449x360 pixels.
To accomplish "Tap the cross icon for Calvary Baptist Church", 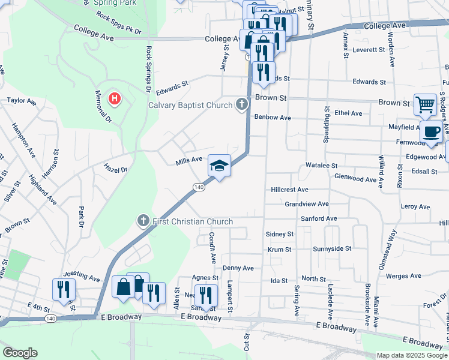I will pos(241,105).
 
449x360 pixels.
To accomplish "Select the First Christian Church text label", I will pos(191,221).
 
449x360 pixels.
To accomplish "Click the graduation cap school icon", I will pos(219,165).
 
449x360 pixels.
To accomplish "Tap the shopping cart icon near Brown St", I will pos(425,104).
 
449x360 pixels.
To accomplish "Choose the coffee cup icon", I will pos(430,131).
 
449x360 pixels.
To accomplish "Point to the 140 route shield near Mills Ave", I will pos(199,188).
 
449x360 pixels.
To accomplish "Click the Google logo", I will pos(20,353).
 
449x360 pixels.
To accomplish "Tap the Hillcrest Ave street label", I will pos(289,190).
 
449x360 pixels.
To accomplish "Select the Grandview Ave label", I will pos(306,204).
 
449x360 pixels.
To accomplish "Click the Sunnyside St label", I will pos(331,248).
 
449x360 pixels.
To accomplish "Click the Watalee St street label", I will pos(322,165).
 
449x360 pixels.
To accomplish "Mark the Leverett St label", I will pos(369,50).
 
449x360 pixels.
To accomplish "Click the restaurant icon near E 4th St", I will pos(62,289).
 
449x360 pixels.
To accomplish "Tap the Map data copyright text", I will pos(412,355).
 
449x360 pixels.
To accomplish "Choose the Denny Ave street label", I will pos(238,268).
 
